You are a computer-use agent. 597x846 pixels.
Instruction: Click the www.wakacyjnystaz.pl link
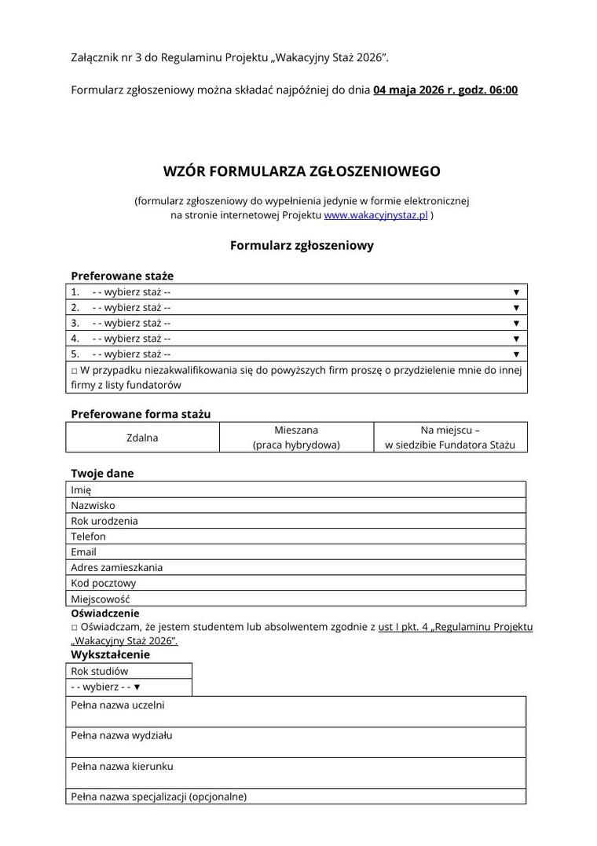click(x=375, y=215)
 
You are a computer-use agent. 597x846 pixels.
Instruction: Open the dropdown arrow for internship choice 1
click(x=516, y=291)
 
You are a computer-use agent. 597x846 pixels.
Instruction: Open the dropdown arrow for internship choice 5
click(x=516, y=354)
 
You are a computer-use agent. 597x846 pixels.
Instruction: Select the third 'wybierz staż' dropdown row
click(x=296, y=323)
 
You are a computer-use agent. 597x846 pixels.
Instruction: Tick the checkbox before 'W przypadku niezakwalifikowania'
click(x=74, y=370)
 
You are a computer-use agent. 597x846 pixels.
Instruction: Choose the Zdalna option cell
click(x=142, y=438)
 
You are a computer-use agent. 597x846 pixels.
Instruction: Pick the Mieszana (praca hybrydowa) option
click(x=296, y=438)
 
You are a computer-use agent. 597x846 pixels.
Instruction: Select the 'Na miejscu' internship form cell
click(x=450, y=438)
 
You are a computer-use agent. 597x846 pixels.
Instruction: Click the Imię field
click(x=296, y=489)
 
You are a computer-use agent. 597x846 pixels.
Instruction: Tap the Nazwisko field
click(x=296, y=505)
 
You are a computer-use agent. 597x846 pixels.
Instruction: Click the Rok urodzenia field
click(x=296, y=521)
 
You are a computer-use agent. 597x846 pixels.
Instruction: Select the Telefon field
click(x=296, y=537)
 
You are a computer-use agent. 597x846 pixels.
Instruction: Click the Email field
click(x=296, y=552)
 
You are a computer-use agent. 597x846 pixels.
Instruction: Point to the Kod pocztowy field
click(x=296, y=583)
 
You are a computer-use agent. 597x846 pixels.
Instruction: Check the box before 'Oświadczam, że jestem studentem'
click(x=74, y=627)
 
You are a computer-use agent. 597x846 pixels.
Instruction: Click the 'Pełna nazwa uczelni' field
click(x=296, y=712)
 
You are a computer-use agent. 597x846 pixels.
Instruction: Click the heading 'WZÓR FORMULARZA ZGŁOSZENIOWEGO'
click(x=302, y=171)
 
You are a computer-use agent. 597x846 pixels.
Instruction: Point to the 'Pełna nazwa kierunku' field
click(x=296, y=773)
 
